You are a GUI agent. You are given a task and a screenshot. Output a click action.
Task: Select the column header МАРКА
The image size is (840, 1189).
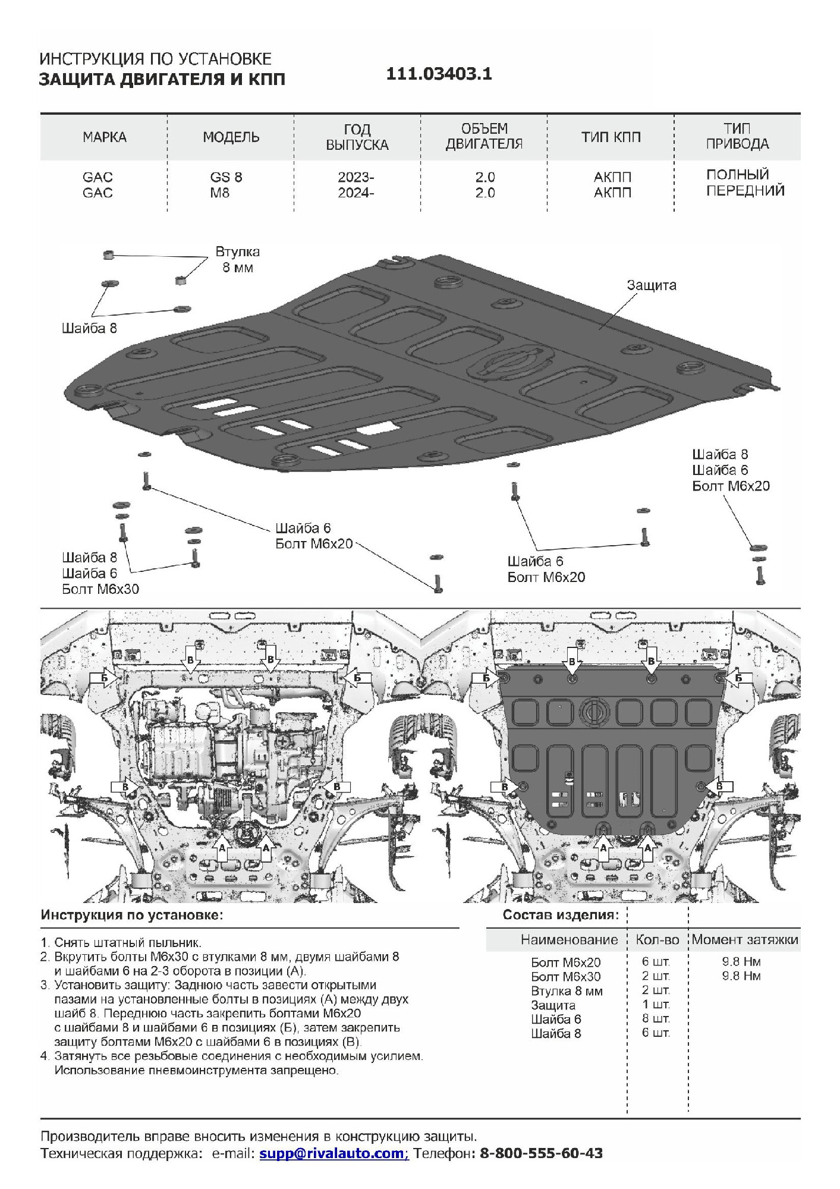pyautogui.click(x=105, y=137)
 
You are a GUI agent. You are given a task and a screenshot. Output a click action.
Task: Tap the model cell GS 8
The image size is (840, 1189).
pyautogui.click(x=226, y=177)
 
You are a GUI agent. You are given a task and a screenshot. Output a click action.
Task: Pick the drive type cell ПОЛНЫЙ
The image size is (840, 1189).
pyautogui.click(x=737, y=175)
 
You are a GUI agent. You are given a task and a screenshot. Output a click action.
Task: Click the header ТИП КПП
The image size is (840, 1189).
pyautogui.click(x=611, y=137)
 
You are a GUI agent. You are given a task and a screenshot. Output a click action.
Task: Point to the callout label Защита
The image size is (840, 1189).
pyautogui.click(x=652, y=285)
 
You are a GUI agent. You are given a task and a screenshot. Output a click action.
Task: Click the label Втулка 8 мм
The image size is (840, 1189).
pyautogui.click(x=237, y=260)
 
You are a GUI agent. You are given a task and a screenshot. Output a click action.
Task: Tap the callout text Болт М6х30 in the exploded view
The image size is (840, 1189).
pyautogui.click(x=100, y=589)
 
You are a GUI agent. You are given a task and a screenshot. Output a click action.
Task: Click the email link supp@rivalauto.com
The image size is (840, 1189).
pyautogui.click(x=332, y=1153)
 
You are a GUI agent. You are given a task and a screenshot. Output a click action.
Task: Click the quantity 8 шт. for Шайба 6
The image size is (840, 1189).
pyautogui.click(x=656, y=1019)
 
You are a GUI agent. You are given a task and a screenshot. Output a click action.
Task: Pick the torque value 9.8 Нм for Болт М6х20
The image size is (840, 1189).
pyautogui.click(x=741, y=961)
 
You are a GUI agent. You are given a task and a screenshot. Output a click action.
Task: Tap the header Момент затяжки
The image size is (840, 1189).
pyautogui.click(x=745, y=940)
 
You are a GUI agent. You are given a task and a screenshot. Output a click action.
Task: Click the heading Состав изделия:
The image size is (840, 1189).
pyautogui.click(x=561, y=915)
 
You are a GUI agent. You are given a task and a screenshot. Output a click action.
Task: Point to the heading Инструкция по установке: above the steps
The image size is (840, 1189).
pyautogui.click(x=132, y=915)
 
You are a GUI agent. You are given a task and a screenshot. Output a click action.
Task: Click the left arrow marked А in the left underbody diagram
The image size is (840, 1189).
pyautogui.click(x=222, y=848)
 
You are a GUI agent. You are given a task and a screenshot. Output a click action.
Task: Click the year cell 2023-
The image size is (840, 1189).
pyautogui.click(x=356, y=177)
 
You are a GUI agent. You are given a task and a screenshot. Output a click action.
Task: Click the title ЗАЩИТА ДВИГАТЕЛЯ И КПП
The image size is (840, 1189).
pyautogui.click(x=162, y=79)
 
